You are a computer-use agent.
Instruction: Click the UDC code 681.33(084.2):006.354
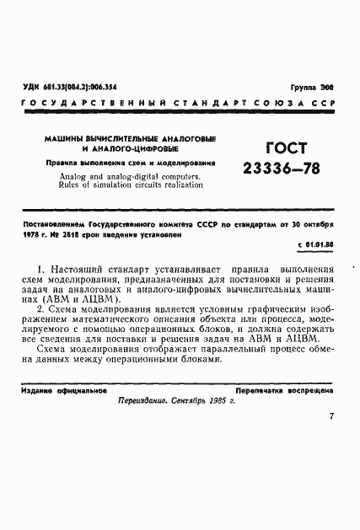tap(83, 87)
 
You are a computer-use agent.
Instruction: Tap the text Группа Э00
tap(310, 88)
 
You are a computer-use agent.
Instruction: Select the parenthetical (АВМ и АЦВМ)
tap(83, 299)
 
